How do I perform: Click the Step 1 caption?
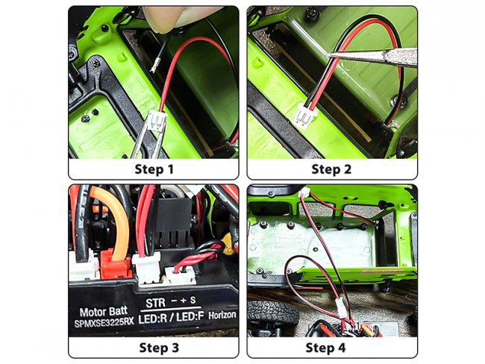pos(154,169)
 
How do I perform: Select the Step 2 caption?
pos(331,169)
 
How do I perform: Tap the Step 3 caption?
pos(159,348)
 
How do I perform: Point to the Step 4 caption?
pos(326,348)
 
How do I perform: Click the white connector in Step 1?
pos(157,121)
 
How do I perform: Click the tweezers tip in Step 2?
pos(328,54)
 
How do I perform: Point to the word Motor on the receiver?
pos(92,312)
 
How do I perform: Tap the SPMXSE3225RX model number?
pos(104,322)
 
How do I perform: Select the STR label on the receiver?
pos(156,303)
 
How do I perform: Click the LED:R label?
pos(153,318)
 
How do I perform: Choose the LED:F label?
pos(190,317)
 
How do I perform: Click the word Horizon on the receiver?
pos(222,316)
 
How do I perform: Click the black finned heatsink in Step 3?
pos(173,222)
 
